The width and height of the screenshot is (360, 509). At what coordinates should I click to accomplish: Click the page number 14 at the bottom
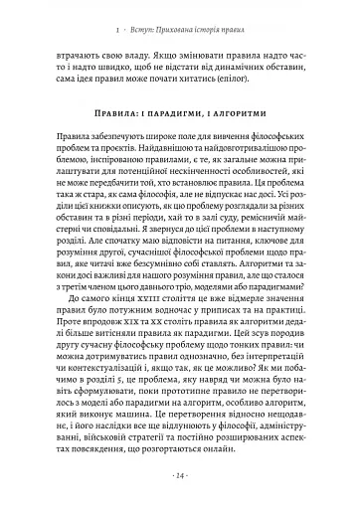pyautogui.click(x=180, y=476)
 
